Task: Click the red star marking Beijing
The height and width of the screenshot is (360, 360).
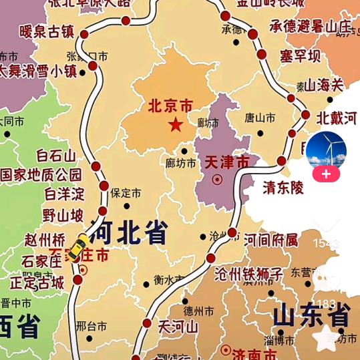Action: (x=175, y=125)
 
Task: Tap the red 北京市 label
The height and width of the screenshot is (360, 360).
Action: (x=170, y=106)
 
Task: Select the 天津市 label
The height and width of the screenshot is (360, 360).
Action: (x=226, y=162)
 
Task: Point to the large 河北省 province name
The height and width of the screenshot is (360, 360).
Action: (x=128, y=233)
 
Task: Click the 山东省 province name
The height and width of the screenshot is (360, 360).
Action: (x=312, y=315)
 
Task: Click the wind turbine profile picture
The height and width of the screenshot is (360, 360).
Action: (x=326, y=151)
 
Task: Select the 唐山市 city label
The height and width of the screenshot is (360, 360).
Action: (x=260, y=118)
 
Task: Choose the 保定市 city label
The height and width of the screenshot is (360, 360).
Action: (x=126, y=194)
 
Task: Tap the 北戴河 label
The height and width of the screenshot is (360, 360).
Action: (x=337, y=118)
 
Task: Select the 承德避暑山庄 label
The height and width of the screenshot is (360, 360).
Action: (x=311, y=26)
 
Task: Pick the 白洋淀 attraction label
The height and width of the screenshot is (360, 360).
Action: (x=65, y=194)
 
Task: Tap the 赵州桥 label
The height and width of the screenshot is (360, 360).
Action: (x=45, y=239)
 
